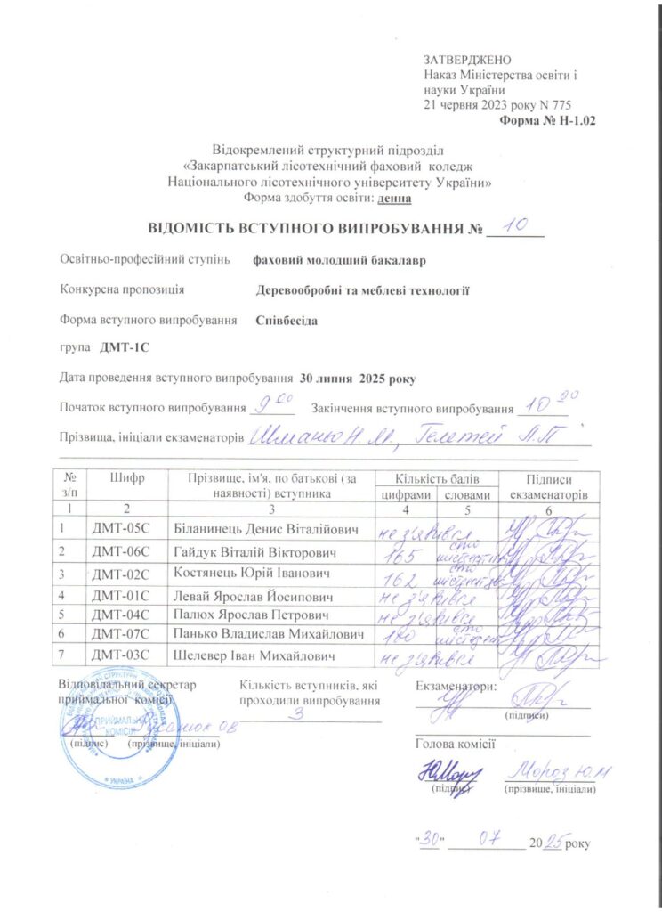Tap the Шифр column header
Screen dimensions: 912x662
(x=126, y=478)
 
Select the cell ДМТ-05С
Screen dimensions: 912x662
(x=124, y=530)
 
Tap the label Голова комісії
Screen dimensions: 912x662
(x=455, y=744)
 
